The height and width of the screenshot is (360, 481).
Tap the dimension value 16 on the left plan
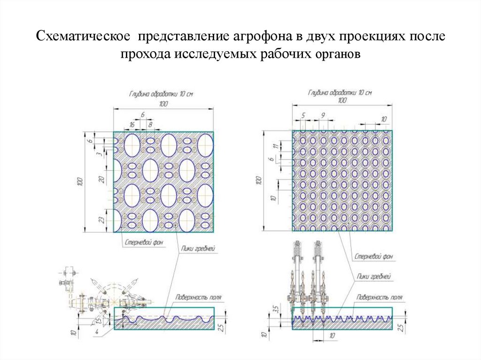click(132, 124)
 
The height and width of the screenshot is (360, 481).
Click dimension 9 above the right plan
click(323, 115)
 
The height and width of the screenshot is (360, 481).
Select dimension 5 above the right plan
click(303, 115)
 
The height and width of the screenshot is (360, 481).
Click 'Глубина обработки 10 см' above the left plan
click(161, 94)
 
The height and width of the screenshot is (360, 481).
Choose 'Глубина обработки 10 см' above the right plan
click(340, 92)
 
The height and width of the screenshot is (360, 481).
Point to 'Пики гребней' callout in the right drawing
click(374, 277)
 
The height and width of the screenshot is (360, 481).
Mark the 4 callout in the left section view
click(96, 333)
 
